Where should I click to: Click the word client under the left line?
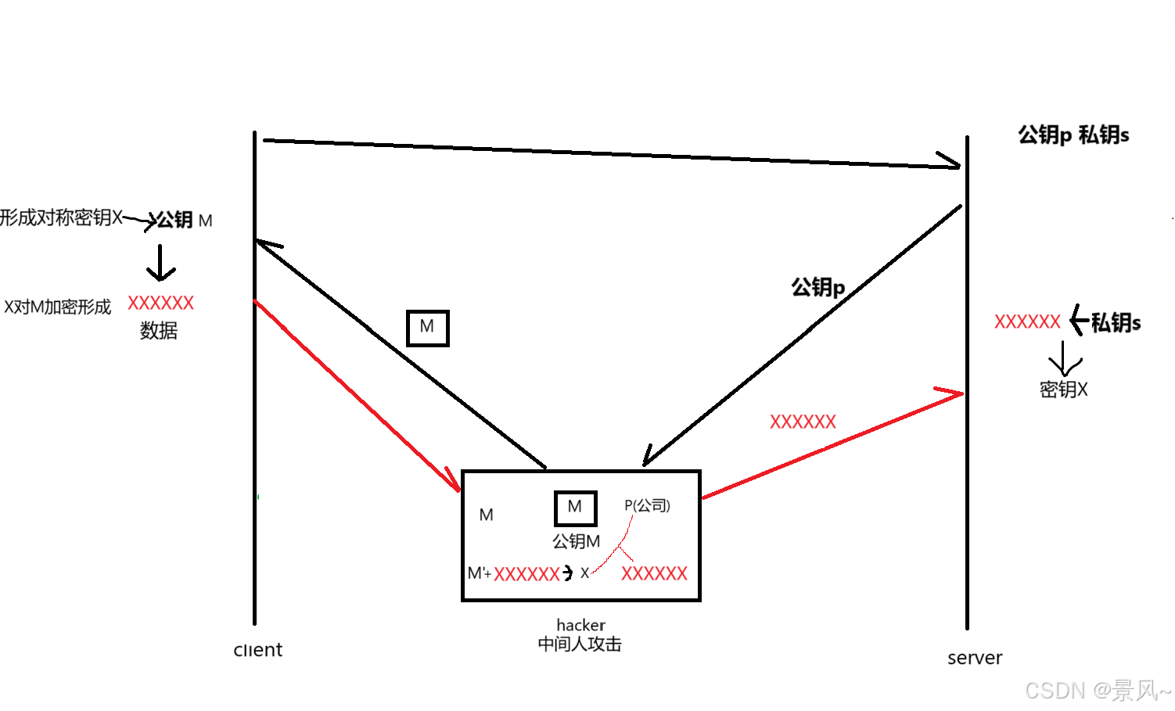click(x=258, y=650)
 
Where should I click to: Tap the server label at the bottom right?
click(x=974, y=658)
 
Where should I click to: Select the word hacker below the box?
click(x=580, y=625)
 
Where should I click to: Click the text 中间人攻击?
click(x=580, y=645)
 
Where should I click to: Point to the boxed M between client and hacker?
click(x=427, y=328)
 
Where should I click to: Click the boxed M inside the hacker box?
click(x=575, y=508)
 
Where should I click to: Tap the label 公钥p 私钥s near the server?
click(x=1073, y=135)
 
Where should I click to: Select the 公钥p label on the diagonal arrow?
click(x=817, y=287)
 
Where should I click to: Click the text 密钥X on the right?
click(x=1063, y=390)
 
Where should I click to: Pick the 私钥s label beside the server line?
click(x=1116, y=322)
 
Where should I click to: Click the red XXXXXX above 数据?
click(x=160, y=303)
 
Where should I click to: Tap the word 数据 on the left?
click(x=159, y=331)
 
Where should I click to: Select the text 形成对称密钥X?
click(x=61, y=217)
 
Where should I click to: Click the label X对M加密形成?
click(x=58, y=307)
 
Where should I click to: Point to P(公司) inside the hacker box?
click(x=647, y=505)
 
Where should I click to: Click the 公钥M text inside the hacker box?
click(x=576, y=541)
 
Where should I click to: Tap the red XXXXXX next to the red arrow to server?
click(x=803, y=422)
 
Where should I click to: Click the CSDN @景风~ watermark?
click(x=1097, y=691)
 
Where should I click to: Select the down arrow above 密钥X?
click(x=1064, y=359)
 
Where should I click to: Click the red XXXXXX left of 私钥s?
click(x=1027, y=322)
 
